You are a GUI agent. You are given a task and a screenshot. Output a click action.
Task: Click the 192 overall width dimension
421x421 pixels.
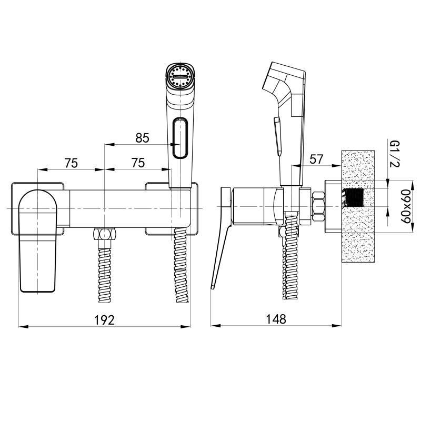tap(104, 320)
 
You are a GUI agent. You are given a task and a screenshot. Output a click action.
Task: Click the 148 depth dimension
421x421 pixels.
tap(276, 319)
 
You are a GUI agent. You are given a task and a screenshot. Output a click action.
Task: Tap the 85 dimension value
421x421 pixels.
tap(142, 138)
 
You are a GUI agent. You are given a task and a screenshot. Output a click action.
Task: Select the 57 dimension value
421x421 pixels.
tap(317, 159)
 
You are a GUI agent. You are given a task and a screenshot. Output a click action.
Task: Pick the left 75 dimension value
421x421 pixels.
tap(71, 163)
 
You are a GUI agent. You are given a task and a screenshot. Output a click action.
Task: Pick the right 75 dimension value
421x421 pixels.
tap(138, 163)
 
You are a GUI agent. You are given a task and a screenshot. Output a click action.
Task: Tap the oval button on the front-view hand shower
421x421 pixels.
tap(180, 137)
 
